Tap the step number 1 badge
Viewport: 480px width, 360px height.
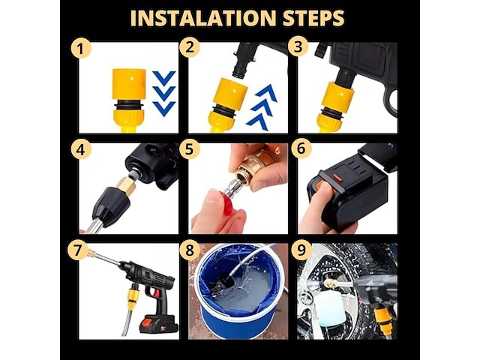tap(81, 48)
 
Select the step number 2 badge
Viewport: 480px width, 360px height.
tap(190, 47)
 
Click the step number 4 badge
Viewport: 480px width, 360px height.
tap(81, 150)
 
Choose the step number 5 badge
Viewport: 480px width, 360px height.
tap(190, 149)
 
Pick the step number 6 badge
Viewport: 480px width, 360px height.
tap(301, 148)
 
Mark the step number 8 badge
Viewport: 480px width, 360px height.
tap(190, 250)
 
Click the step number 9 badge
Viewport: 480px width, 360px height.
tap(301, 250)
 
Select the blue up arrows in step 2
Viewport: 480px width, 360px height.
tap(262, 107)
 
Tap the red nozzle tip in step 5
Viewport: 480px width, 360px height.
tap(227, 202)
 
